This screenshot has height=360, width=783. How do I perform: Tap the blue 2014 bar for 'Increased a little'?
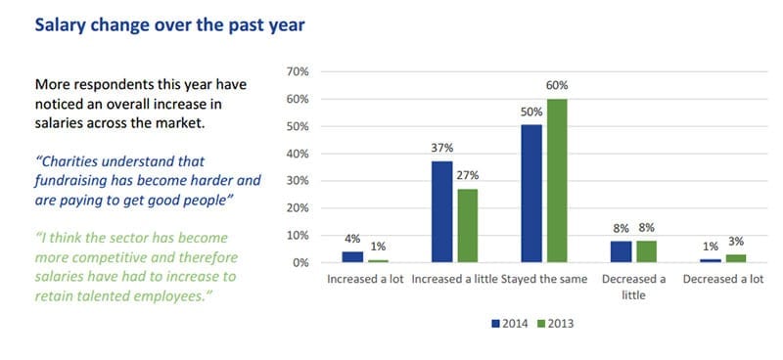(x=441, y=211)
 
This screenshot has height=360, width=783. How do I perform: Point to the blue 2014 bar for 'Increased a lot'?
(x=351, y=256)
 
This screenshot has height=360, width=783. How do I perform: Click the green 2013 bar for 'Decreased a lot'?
(x=736, y=258)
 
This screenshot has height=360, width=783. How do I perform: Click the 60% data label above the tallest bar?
(x=556, y=86)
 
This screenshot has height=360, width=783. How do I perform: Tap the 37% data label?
(x=441, y=149)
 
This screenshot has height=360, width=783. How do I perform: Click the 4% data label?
(x=351, y=240)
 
